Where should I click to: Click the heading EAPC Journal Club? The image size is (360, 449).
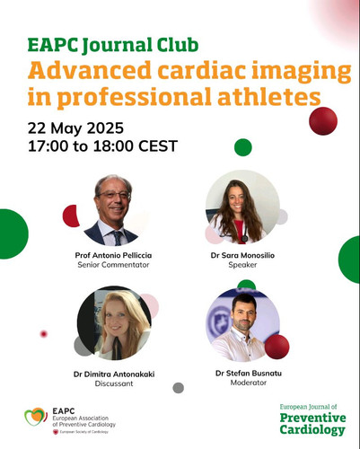point(113,45)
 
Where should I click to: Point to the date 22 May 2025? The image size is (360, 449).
point(75,128)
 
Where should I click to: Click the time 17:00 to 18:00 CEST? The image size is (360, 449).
point(102,146)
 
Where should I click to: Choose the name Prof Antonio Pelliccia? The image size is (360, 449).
point(113,255)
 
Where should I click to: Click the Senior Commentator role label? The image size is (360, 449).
point(113,265)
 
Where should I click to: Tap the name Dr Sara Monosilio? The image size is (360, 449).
point(242,255)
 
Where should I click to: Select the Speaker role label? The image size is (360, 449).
point(242,265)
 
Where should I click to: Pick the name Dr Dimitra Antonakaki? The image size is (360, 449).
point(114,374)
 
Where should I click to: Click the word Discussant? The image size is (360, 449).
point(114,383)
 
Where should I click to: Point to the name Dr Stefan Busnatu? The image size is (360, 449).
point(249,374)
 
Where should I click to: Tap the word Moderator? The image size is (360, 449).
point(249,383)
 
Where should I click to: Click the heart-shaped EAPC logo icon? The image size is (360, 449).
point(36,417)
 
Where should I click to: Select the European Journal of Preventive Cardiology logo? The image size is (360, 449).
point(312,419)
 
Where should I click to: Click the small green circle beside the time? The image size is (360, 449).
point(243,147)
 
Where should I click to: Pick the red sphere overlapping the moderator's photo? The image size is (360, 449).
point(277,347)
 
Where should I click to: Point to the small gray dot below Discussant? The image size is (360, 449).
point(179,388)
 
